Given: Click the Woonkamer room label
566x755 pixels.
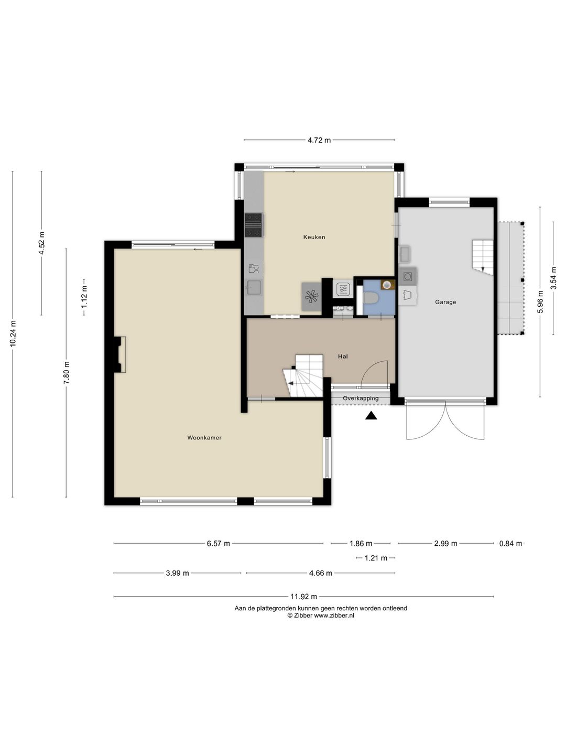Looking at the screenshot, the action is point(204,437).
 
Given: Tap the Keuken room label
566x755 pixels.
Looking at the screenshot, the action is point(314,237).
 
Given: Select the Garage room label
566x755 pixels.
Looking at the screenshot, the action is point(445,302).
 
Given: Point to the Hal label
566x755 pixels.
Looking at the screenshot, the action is point(343,357).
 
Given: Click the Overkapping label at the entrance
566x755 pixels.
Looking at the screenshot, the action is point(361,398).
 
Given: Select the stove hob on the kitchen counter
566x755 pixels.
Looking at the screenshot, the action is point(253,225).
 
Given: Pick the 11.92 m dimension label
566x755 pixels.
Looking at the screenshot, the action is point(304,597).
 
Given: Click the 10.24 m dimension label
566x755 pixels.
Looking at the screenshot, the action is point(13,333).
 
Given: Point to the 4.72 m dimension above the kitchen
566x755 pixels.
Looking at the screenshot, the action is point(319,140).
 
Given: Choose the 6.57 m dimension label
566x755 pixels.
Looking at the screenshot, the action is point(218,544).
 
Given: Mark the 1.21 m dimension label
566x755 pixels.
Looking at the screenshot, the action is point(376,558).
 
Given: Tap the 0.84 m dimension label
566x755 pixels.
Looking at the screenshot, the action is point(510,544).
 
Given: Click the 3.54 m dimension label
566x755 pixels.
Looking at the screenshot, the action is point(553,278).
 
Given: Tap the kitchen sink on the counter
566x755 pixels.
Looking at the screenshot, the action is point(254,287).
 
